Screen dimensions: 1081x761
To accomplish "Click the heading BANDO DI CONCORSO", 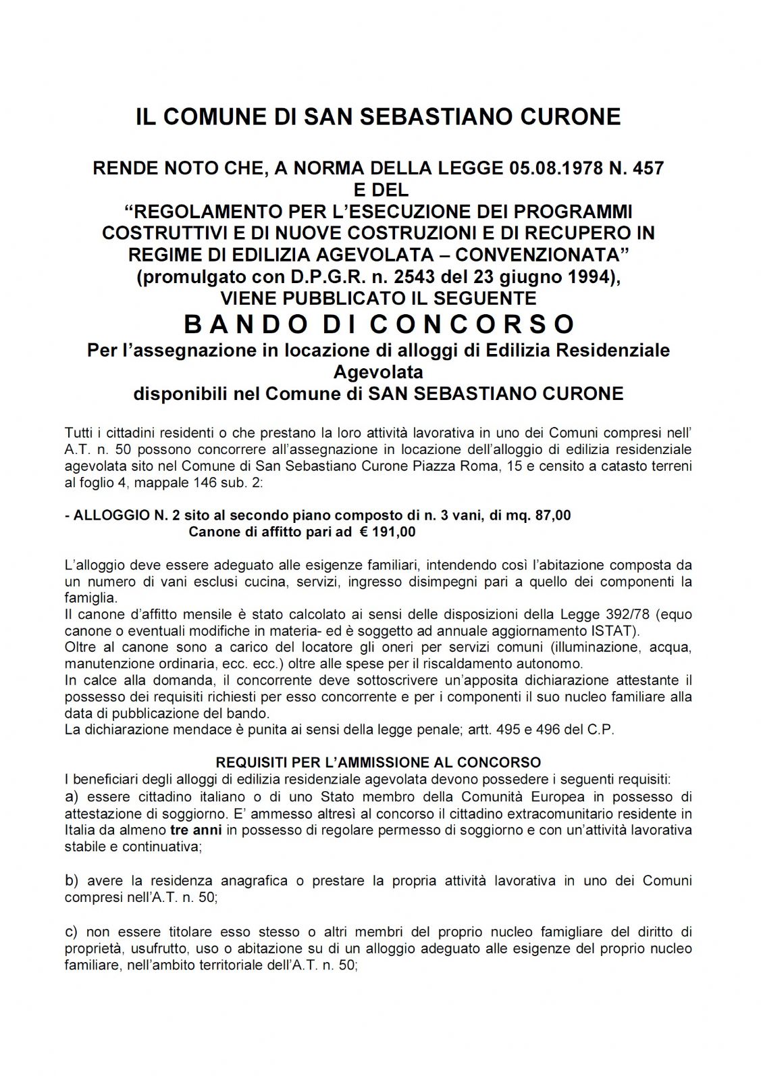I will (x=379, y=324).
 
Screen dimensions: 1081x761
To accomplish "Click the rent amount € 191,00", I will (x=388, y=532).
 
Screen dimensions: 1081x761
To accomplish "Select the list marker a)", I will (x=72, y=797).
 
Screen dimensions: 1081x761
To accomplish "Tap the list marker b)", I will (x=72, y=881).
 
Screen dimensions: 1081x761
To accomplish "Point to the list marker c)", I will (x=72, y=932).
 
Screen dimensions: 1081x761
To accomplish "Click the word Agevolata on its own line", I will (x=378, y=372).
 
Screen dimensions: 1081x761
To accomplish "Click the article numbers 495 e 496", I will (x=531, y=730).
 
